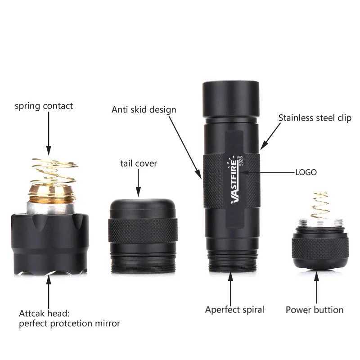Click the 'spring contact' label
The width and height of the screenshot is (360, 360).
click(44, 107)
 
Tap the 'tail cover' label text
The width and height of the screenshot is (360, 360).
click(139, 163)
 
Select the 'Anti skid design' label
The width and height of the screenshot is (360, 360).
click(144, 109)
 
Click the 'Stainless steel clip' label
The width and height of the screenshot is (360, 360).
click(315, 118)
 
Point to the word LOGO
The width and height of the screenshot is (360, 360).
click(306, 172)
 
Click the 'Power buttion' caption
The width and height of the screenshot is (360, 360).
click(314, 310)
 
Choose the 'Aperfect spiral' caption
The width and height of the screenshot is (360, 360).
click(234, 310)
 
